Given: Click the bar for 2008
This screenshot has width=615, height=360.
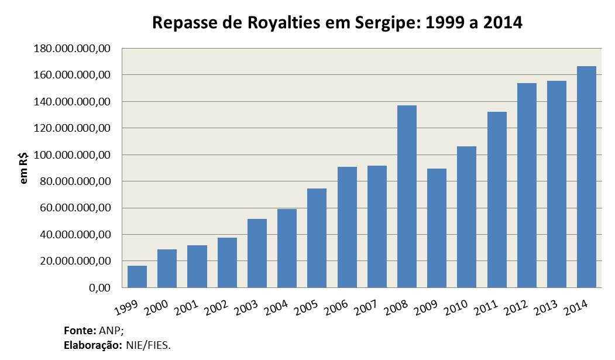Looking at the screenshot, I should click(x=407, y=196).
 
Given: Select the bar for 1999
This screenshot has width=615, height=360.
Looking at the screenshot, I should click(x=137, y=276).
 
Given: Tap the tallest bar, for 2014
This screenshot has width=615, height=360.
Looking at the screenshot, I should click(x=586, y=177).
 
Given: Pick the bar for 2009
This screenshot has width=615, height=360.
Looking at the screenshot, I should click(x=437, y=228).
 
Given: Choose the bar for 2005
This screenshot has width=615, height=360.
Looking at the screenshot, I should click(x=317, y=238).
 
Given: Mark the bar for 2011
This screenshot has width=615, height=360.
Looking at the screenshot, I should click(x=497, y=200).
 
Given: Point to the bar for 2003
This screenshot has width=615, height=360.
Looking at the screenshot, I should click(x=257, y=253).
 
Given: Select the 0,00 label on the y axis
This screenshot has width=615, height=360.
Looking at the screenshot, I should click(x=98, y=288).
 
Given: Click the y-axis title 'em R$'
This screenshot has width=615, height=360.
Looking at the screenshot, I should click(x=24, y=168).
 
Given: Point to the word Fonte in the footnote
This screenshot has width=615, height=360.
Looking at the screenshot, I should click(x=75, y=330).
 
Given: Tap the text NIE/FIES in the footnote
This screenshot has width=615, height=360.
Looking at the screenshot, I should click(x=147, y=345).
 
